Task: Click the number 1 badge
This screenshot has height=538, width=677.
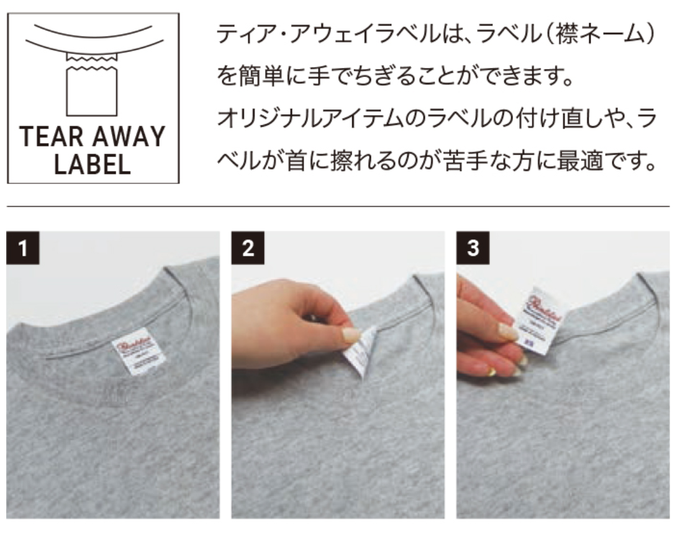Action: [x=22, y=248]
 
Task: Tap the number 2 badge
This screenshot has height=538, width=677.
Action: [x=248, y=248]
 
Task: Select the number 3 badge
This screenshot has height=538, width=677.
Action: [x=473, y=248]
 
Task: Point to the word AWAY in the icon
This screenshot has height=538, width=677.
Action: [x=131, y=137]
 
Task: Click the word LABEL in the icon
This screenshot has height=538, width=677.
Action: [x=92, y=164]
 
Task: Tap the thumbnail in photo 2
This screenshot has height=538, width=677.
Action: [x=352, y=335]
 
